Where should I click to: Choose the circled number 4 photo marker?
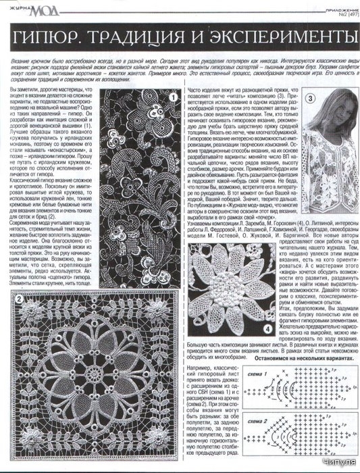point(268,330)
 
